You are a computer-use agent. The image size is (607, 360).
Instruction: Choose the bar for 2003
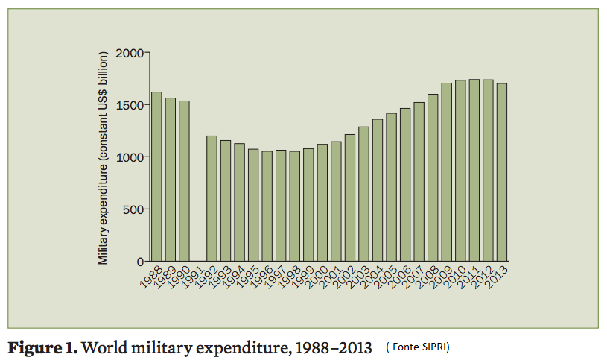[x=363, y=194]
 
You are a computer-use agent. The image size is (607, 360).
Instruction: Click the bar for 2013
[x=502, y=172]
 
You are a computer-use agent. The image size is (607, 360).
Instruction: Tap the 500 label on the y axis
[x=135, y=209]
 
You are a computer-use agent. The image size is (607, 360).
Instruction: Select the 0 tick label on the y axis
[x=140, y=262]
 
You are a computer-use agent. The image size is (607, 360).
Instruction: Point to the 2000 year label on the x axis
[x=315, y=280]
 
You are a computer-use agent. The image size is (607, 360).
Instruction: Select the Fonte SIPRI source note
[x=418, y=347]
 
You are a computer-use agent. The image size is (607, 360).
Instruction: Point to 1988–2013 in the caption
[x=333, y=347]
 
